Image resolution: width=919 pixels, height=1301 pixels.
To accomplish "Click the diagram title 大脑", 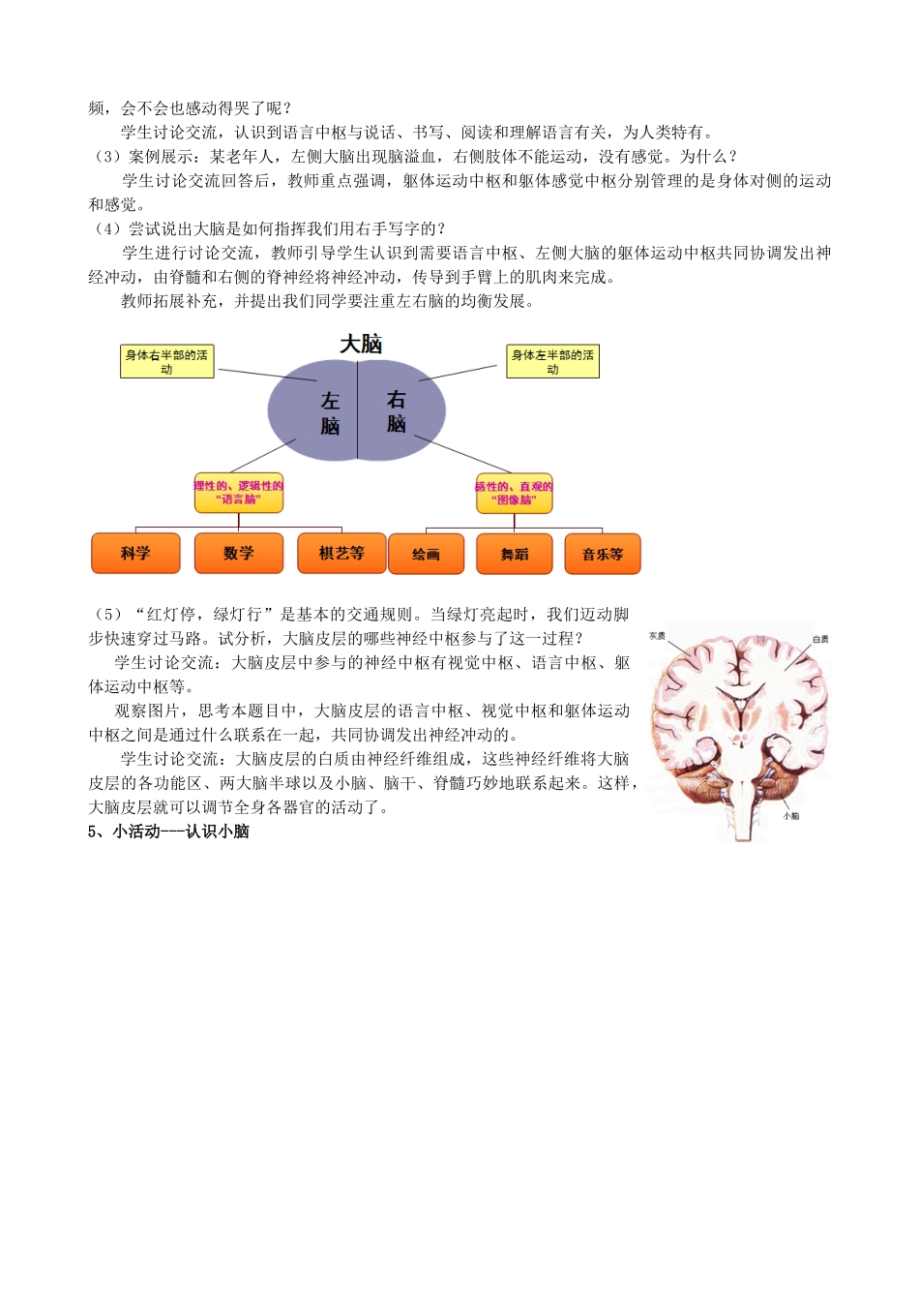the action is point(361,344).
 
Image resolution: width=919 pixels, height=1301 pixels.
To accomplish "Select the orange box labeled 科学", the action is point(135,553).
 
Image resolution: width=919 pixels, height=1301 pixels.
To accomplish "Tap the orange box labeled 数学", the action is point(238,553).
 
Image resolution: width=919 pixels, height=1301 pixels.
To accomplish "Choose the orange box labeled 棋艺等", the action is point(341,553).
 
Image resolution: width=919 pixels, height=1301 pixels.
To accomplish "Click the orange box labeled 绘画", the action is point(426,555).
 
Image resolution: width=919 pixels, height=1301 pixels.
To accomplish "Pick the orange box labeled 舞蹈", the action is point(515,555).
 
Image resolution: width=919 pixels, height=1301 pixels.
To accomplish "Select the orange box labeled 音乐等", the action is point(603,555).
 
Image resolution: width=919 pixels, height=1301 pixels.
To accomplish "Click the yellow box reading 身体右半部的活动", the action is point(166,362).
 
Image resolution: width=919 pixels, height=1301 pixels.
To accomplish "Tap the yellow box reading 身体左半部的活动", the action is point(552,362).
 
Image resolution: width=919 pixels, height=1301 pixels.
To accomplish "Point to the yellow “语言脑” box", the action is point(238,493).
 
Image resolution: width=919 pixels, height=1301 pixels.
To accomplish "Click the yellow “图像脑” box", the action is point(514,494).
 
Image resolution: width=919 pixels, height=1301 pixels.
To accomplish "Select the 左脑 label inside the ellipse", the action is point(330,412).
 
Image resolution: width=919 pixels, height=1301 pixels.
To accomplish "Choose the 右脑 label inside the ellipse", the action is point(396,410).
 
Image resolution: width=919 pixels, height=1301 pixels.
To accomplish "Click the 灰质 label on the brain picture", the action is point(657,636).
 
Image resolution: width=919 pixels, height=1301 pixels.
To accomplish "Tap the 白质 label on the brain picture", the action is point(820,639).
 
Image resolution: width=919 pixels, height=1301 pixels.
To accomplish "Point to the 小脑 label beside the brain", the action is point(790,816).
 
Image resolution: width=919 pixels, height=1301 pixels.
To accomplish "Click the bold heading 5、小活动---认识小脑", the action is point(168,832).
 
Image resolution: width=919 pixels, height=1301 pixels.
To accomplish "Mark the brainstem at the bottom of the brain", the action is point(743,808).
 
